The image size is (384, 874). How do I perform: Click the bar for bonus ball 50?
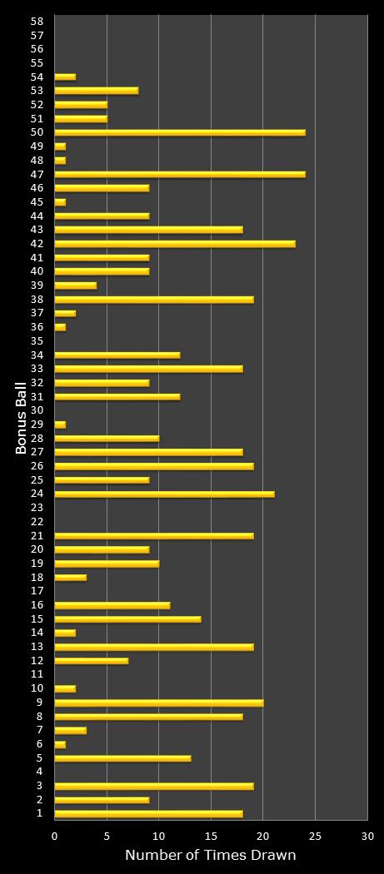[x=179, y=132]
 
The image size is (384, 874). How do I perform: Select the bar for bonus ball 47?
[x=179, y=174]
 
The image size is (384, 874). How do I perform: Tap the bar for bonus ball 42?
[x=174, y=244]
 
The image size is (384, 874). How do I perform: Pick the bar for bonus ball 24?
[x=164, y=494]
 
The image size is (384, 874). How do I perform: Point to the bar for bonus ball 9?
[x=158, y=703]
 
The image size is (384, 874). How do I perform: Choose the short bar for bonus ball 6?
[x=60, y=744]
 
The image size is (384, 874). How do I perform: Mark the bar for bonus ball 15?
[x=127, y=619]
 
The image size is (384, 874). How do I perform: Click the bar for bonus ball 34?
[x=117, y=355]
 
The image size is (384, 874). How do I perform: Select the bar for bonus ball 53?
[x=96, y=91]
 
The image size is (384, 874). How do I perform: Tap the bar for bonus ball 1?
[x=148, y=814]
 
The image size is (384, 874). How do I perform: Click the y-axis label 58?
[x=37, y=21]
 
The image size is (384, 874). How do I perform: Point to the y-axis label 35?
[x=37, y=340]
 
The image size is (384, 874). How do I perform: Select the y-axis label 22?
[x=37, y=522]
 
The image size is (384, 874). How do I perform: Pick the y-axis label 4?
[x=40, y=772]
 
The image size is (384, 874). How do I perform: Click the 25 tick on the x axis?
[x=315, y=837]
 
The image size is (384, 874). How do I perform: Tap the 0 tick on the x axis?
[x=55, y=837]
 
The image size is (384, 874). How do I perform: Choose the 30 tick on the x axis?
[x=367, y=837]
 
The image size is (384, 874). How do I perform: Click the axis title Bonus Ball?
[x=21, y=417]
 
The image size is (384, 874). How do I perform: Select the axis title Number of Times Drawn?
[x=210, y=856]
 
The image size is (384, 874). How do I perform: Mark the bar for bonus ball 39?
[x=75, y=286]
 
